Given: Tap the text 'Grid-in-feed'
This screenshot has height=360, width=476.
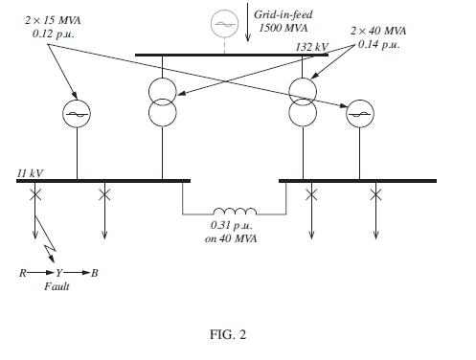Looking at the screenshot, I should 280,15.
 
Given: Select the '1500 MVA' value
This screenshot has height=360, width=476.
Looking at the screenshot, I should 279,29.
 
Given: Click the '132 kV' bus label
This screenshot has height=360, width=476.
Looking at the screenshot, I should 311,46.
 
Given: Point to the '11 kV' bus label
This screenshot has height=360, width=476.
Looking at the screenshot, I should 30,172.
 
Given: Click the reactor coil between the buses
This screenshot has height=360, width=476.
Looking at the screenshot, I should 235,213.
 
